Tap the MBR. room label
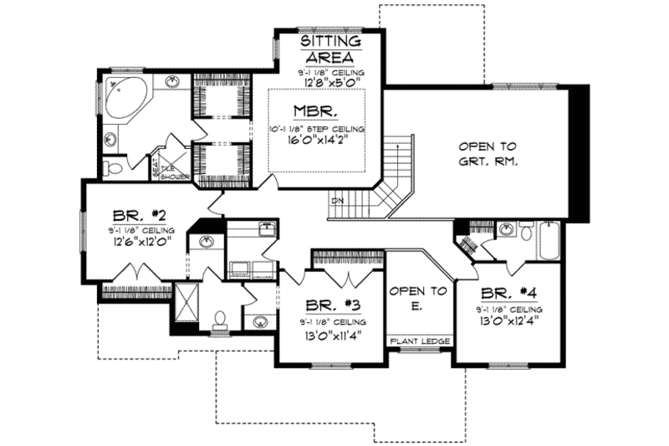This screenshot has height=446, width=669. point(315,111)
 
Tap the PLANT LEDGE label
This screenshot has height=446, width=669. point(420,342)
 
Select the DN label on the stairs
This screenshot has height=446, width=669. point(336,201)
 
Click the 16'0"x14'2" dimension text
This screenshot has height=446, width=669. point(317,142)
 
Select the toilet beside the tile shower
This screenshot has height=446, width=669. point(115,169)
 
